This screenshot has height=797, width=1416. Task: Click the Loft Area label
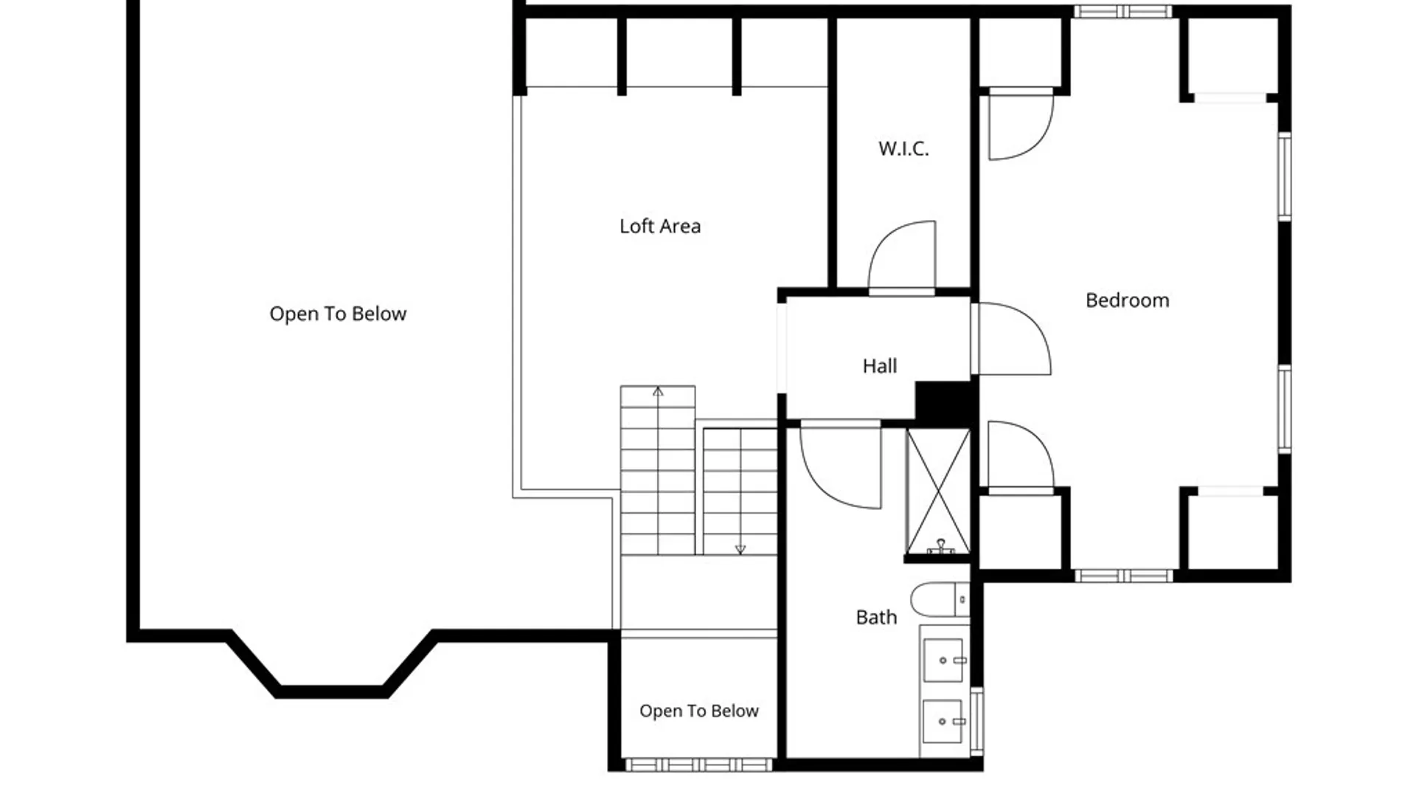tap(660, 226)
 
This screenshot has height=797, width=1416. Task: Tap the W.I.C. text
tap(903, 148)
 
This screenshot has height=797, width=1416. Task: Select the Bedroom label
tap(1127, 300)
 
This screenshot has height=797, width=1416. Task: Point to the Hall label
tap(880, 365)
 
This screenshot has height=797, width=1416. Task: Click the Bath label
tap(876, 617)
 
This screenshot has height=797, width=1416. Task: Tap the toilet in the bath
tap(940, 599)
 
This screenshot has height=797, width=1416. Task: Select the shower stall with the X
tap(937, 491)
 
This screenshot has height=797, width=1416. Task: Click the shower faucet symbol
tap(940, 547)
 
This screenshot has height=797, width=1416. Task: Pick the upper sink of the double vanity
tap(943, 660)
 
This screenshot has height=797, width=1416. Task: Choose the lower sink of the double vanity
tap(943, 721)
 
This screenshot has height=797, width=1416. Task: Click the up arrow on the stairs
tap(658, 391)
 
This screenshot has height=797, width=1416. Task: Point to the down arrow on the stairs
tap(740, 549)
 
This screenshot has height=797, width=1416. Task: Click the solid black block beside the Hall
tap(946, 403)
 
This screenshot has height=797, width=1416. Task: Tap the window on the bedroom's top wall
tap(1122, 11)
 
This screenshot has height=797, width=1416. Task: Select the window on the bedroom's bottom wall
tap(1122, 576)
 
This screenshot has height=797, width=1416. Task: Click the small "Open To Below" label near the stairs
tap(699, 711)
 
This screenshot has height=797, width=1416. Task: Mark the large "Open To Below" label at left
tap(338, 314)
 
